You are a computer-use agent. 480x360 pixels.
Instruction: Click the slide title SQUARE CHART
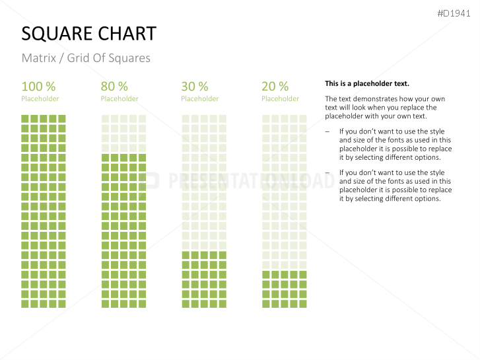[89, 34]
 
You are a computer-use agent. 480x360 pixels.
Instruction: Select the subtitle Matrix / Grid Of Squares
[86, 58]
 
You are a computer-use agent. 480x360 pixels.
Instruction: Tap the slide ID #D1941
[454, 13]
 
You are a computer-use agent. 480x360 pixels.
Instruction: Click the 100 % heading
[38, 87]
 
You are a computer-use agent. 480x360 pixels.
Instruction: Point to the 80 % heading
[114, 87]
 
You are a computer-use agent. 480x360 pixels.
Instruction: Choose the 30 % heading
[194, 87]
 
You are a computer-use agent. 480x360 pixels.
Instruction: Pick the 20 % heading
[275, 87]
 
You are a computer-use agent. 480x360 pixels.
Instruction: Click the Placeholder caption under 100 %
[40, 99]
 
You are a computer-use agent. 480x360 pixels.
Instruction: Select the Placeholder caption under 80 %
[120, 99]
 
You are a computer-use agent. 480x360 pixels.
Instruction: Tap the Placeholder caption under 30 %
[199, 99]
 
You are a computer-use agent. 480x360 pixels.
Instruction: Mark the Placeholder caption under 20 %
[280, 99]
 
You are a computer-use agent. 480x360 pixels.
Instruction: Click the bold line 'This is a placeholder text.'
[367, 84]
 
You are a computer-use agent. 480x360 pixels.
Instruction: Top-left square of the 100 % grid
[25, 119]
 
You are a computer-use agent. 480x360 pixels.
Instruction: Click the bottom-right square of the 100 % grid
[62, 304]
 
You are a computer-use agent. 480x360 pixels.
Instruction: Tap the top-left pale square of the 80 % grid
[105, 119]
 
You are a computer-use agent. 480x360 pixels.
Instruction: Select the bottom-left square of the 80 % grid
[105, 304]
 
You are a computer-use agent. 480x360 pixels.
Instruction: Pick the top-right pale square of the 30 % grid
[223, 119]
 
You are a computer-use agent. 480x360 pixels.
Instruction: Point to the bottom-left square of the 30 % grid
[186, 304]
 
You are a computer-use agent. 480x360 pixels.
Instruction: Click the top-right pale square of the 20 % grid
[303, 119]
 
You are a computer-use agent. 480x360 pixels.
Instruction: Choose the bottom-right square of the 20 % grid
[303, 304]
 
